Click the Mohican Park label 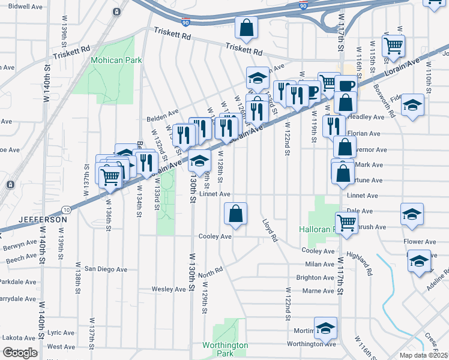(116, 60)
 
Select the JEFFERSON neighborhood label (43, 220)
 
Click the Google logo (20, 353)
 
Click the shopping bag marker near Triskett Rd (246, 28)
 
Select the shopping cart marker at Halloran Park (346, 223)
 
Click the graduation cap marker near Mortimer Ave (325, 328)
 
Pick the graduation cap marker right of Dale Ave (412, 214)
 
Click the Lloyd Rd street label (270, 230)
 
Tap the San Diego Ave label (107, 268)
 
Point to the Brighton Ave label (315, 277)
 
